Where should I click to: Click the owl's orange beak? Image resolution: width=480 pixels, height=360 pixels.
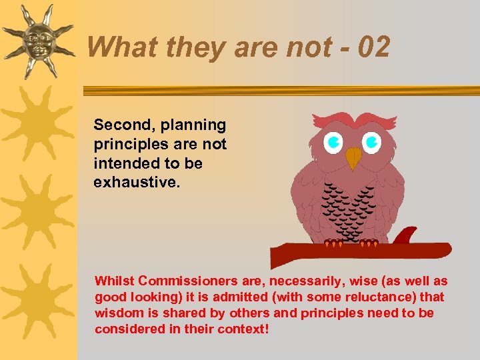coord(353,158)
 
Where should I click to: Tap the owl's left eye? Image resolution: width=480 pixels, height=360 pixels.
coord(333,141)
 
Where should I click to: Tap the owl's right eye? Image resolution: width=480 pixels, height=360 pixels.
coord(372,141)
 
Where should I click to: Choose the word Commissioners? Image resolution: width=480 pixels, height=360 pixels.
coord(187,281)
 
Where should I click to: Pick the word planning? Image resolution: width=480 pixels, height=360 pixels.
coord(194,125)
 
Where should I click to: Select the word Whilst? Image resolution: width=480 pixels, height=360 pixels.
coord(115,281)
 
